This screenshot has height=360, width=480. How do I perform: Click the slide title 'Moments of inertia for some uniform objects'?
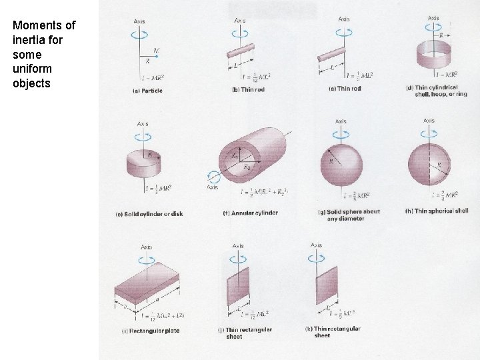44,54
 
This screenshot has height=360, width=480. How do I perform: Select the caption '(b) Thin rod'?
247,89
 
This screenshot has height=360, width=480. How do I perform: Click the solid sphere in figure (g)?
341,163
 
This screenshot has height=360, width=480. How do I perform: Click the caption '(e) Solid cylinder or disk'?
149,213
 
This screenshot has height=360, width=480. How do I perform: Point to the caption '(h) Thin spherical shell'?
437,211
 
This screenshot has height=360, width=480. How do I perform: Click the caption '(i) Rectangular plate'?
150,331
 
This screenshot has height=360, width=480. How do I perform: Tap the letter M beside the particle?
156,50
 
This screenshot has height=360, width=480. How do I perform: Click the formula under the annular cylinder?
264,193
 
